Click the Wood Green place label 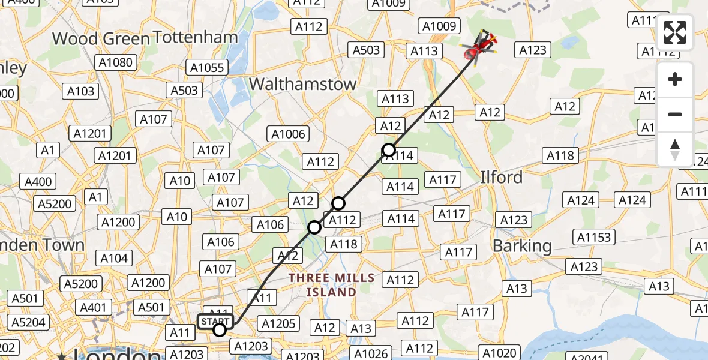click(x=101, y=39)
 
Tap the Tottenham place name click(x=195, y=37)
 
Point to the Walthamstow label click(x=302, y=85)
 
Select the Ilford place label click(x=501, y=178)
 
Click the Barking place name click(x=513, y=246)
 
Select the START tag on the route click(x=215, y=321)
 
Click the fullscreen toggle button click(x=675, y=32)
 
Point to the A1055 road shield click(x=206, y=68)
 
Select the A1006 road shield click(x=289, y=134)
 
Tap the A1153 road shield click(x=593, y=238)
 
